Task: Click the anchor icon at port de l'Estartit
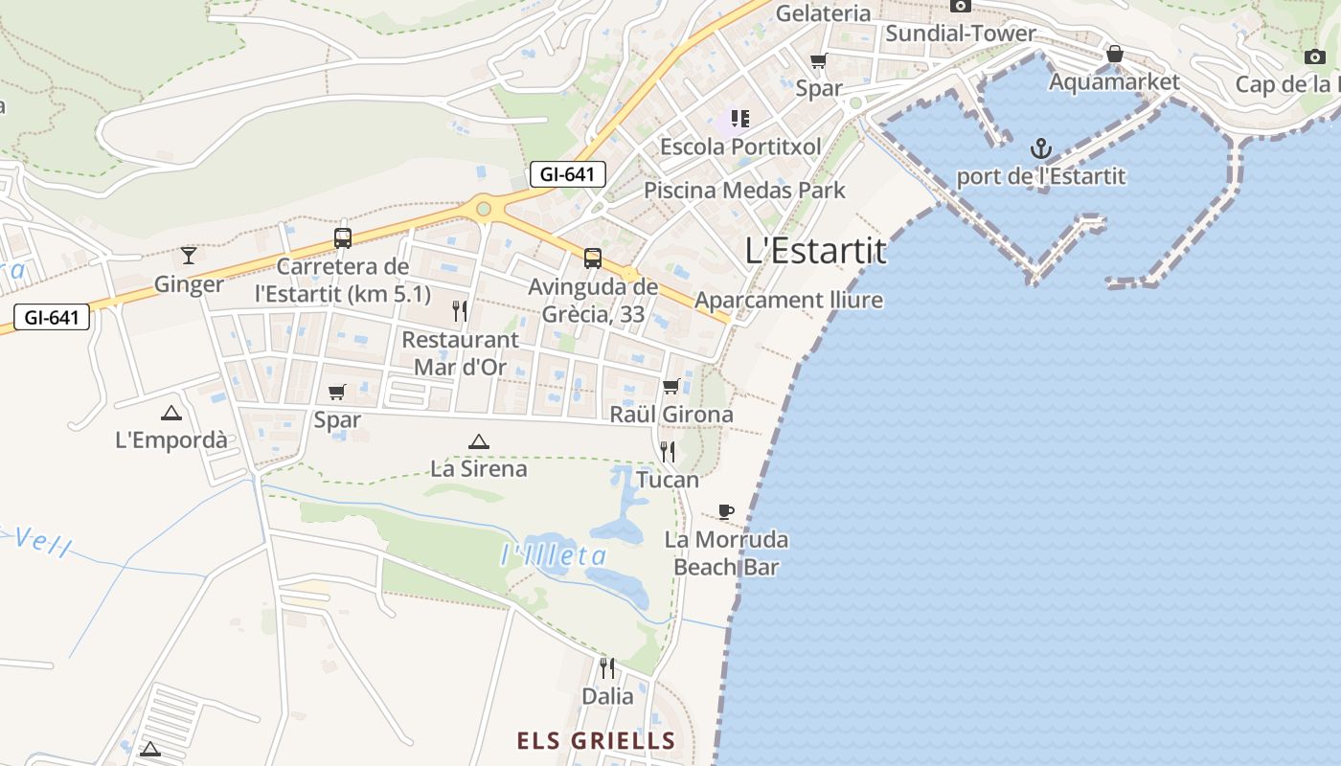pyautogui.click(x=1040, y=148)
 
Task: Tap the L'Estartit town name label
pyautogui.click(x=815, y=251)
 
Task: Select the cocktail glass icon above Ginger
pyautogui.click(x=189, y=255)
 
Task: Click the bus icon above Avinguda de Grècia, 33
pyautogui.click(x=593, y=258)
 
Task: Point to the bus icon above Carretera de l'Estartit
pyautogui.click(x=342, y=237)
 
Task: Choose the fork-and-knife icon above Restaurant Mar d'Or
pyautogui.click(x=460, y=310)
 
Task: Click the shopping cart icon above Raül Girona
pyautogui.click(x=671, y=386)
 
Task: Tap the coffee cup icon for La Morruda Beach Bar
pyautogui.click(x=726, y=511)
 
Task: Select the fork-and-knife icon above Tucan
pyautogui.click(x=668, y=451)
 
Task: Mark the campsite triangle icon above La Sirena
pyautogui.click(x=478, y=441)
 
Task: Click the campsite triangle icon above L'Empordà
pyautogui.click(x=171, y=413)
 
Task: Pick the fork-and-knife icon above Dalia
pyautogui.click(x=607, y=667)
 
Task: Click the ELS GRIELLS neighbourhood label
pyautogui.click(x=596, y=741)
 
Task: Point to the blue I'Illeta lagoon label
pyautogui.click(x=555, y=555)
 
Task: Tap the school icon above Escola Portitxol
pyautogui.click(x=739, y=119)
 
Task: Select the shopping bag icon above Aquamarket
pyautogui.click(x=1114, y=54)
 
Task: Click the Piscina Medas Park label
pyautogui.click(x=744, y=190)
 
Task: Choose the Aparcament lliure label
pyautogui.click(x=788, y=300)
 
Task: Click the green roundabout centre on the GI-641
pyautogui.click(x=484, y=208)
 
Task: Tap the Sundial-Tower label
pyautogui.click(x=960, y=34)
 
